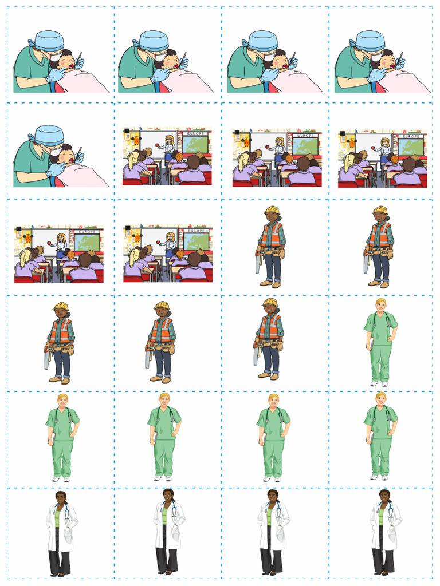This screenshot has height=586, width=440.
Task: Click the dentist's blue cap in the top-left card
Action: [x=49, y=40]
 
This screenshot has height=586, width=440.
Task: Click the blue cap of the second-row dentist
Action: [x=49, y=136]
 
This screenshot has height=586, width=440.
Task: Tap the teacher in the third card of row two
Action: [x=279, y=148]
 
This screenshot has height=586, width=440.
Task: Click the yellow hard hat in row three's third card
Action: [x=270, y=210]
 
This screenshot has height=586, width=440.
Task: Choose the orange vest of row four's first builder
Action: [x=60, y=330]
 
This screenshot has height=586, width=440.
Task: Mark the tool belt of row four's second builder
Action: [x=162, y=346]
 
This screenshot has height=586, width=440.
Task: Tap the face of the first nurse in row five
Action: [x=62, y=401]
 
